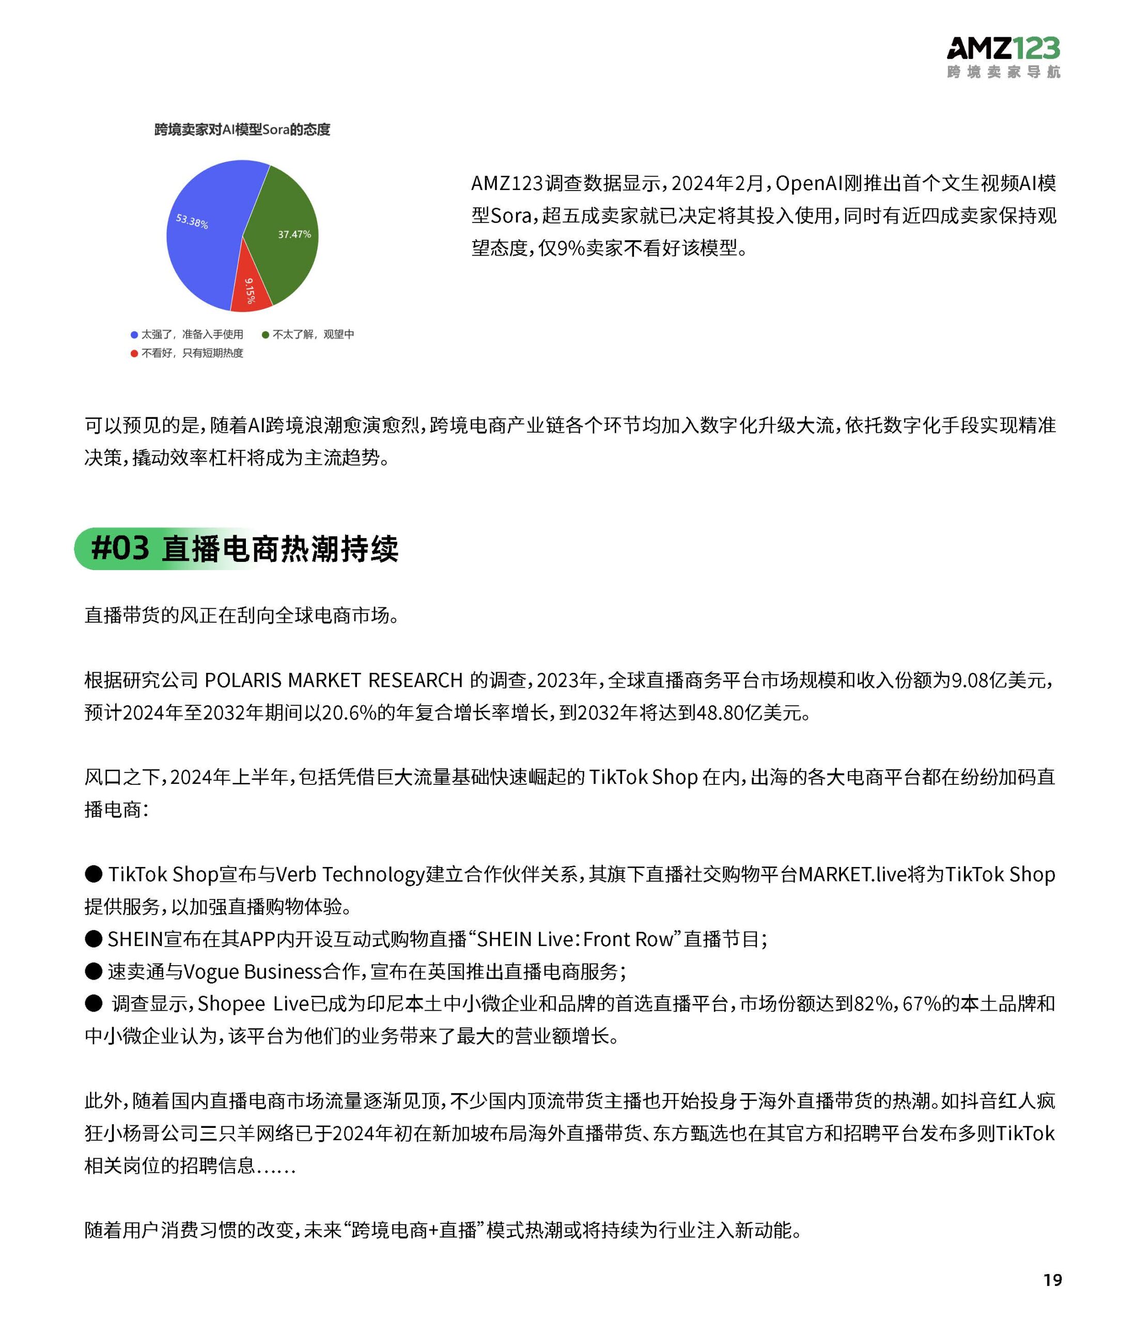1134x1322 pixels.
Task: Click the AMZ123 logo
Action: (x=1003, y=57)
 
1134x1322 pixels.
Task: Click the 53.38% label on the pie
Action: (x=192, y=222)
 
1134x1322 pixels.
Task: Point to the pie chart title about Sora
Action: (x=242, y=130)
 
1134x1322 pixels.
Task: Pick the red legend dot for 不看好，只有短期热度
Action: (x=134, y=353)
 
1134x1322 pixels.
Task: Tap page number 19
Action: (x=1052, y=1279)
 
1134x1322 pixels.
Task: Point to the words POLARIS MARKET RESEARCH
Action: (x=333, y=680)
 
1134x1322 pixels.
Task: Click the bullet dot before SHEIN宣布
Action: (x=94, y=938)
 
